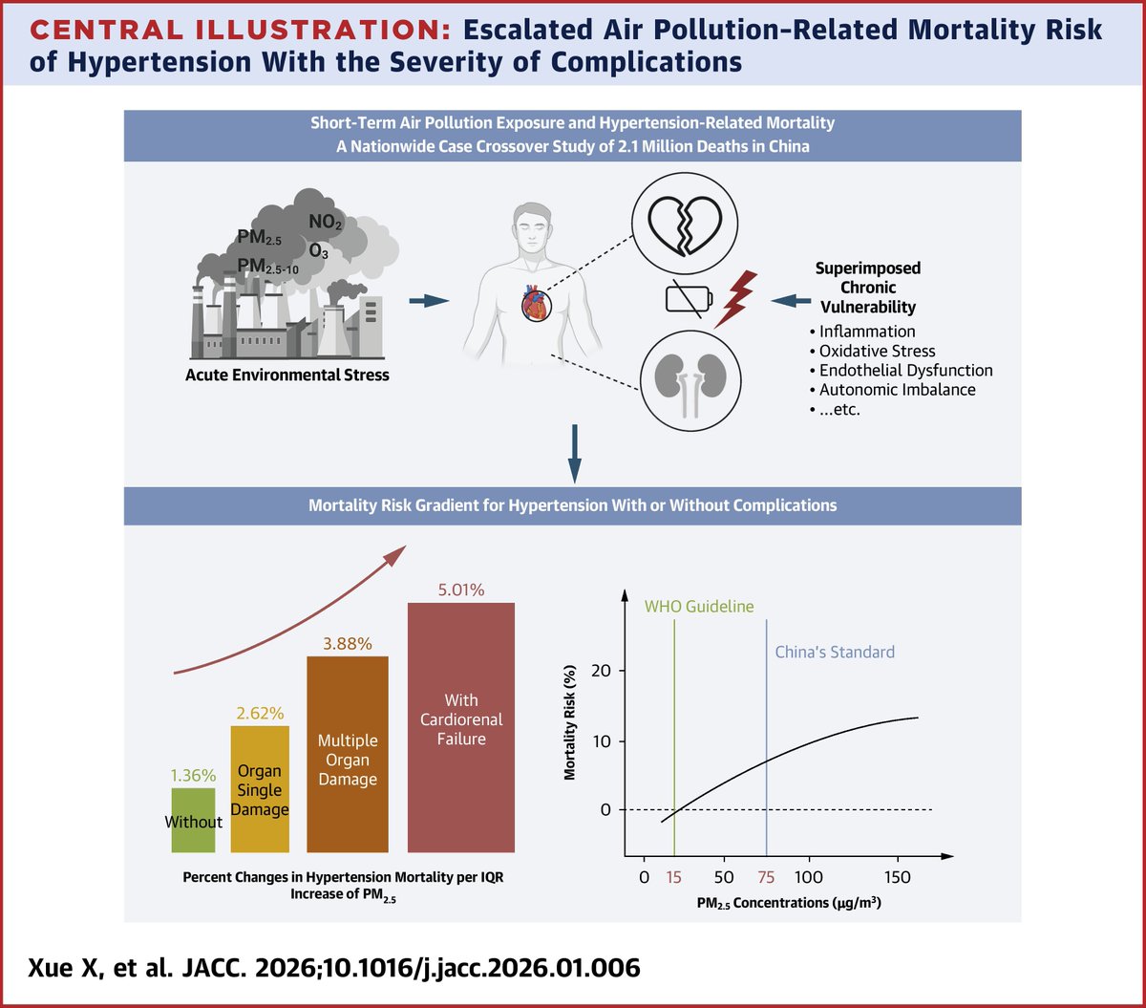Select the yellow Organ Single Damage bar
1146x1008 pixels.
point(260,789)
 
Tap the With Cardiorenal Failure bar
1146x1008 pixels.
point(461,726)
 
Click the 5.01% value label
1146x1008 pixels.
point(461,590)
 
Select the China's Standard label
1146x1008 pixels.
point(833,653)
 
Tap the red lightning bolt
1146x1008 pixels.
point(737,299)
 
